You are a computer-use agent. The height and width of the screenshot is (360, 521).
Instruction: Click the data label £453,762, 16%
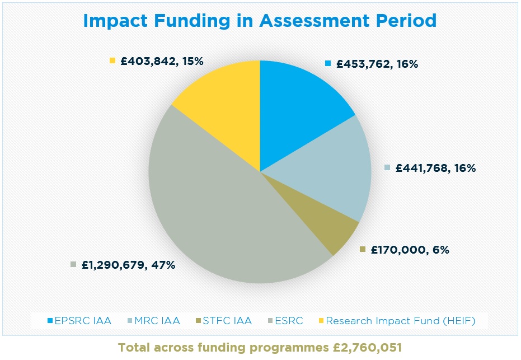click(377, 64)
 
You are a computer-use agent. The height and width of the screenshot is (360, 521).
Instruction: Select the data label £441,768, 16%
click(435, 167)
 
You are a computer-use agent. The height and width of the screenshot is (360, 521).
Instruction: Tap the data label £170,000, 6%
click(410, 250)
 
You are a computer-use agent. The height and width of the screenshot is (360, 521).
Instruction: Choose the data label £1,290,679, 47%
click(128, 265)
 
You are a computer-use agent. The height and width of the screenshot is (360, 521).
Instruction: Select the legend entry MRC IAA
click(159, 321)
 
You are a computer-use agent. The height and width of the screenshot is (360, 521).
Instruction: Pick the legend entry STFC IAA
click(228, 321)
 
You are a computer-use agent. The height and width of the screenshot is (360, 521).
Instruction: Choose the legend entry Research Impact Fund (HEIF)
click(400, 321)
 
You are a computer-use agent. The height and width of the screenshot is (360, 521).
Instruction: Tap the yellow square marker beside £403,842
click(112, 60)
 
